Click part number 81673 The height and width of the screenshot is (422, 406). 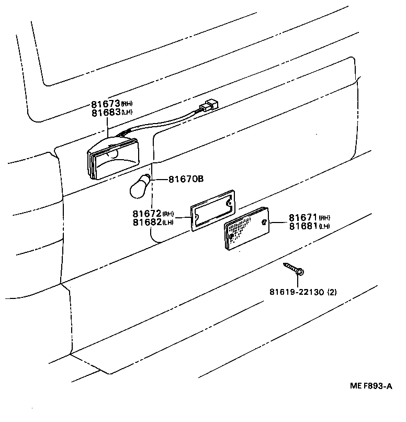(106, 104)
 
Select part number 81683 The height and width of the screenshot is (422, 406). (106, 112)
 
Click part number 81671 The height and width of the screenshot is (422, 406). (303, 217)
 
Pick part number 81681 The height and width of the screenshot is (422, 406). (303, 226)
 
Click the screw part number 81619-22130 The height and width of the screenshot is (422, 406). (297, 292)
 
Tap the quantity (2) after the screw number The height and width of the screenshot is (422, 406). (332, 292)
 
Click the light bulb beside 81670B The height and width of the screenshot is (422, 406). (140, 186)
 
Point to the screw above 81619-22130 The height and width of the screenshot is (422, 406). (295, 270)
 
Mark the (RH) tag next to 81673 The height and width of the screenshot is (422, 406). (127, 104)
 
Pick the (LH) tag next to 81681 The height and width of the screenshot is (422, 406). (324, 226)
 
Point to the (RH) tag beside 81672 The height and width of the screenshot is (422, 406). (168, 214)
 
